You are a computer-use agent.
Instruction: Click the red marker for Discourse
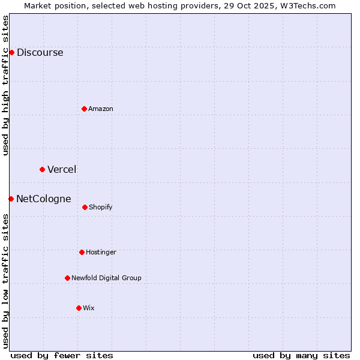[11, 52]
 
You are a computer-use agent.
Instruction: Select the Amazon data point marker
[85, 109]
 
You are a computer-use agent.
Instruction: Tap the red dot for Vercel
[42, 169]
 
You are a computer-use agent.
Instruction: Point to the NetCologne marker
[11, 199]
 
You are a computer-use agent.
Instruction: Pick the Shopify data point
[85, 207]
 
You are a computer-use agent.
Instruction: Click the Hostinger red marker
[82, 252]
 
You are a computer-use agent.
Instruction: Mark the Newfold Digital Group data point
[67, 278]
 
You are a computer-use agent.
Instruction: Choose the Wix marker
[79, 308]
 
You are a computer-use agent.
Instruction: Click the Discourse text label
[40, 52]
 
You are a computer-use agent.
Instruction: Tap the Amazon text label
[101, 109]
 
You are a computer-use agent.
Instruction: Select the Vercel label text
[62, 169]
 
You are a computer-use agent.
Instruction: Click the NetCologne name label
[43, 199]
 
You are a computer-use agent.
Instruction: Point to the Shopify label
[101, 207]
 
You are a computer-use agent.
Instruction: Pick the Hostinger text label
[101, 252]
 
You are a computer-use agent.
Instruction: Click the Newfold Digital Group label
[106, 278]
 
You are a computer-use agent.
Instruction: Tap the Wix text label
[89, 308]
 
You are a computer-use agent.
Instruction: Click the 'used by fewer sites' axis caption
[62, 355]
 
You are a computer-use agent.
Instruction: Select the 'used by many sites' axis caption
[301, 355]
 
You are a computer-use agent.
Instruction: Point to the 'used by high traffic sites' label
[5, 85]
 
